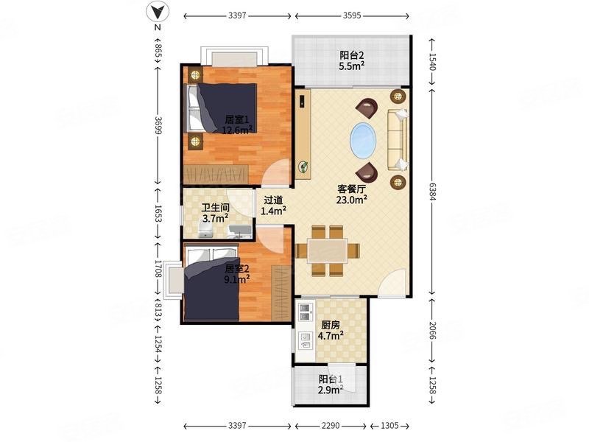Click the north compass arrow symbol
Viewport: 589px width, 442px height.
tap(158, 12)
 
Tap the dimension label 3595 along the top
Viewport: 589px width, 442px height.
tap(352, 15)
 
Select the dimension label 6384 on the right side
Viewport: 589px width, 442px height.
tap(433, 191)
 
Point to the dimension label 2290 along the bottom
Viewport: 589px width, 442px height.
tap(331, 426)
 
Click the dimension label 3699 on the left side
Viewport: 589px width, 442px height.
tap(158, 124)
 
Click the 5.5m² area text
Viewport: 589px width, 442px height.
tap(352, 66)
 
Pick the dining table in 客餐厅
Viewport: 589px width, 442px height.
tap(328, 250)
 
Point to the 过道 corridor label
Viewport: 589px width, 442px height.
tap(273, 200)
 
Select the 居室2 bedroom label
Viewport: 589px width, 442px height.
tap(237, 269)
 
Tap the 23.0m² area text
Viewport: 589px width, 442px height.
tap(352, 200)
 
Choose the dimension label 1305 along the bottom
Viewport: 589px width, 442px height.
tap(389, 426)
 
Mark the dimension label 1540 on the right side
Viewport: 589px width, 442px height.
tap(433, 61)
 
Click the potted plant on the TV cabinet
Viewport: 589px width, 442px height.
tap(303, 166)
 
